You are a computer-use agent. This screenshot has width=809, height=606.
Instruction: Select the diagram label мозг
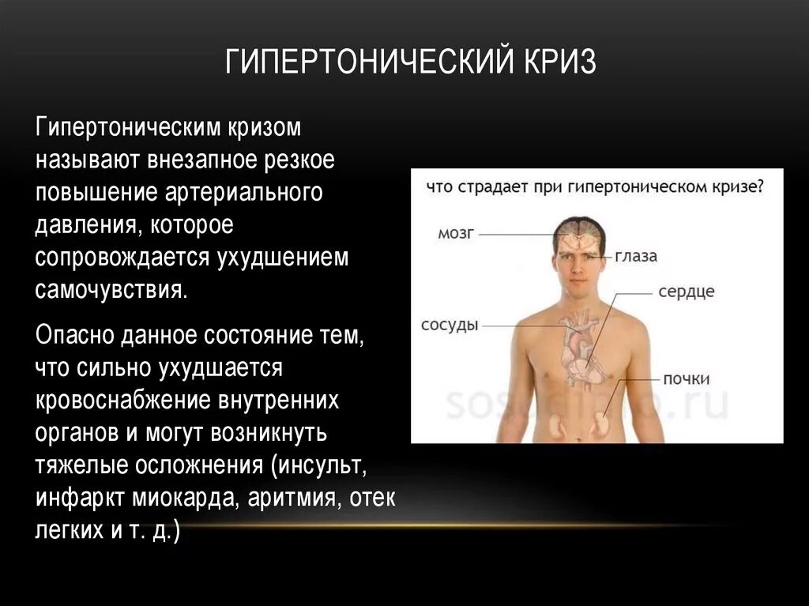(455, 233)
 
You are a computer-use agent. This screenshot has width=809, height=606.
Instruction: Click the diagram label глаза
(636, 256)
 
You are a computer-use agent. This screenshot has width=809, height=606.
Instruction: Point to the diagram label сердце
(686, 292)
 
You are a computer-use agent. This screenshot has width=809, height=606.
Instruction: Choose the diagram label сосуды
(450, 325)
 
